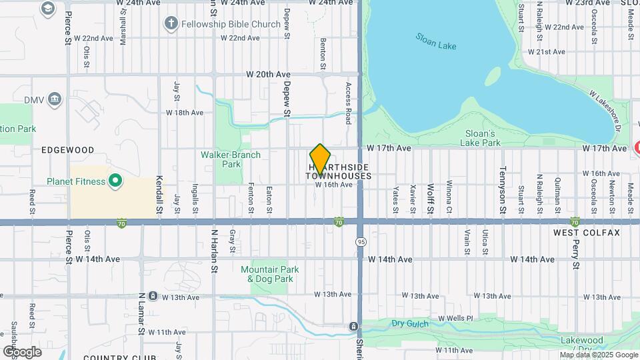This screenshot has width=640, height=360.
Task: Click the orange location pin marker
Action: pyautogui.click(x=320, y=159)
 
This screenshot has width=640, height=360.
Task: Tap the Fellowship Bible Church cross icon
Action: pyautogui.click(x=171, y=25)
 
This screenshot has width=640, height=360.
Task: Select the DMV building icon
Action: pyautogui.click(x=55, y=100)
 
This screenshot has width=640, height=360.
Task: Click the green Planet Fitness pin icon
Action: pyautogui.click(x=115, y=181)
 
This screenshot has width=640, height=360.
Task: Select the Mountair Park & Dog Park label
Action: pyautogui.click(x=267, y=274)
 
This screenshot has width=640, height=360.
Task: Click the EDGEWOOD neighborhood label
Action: pyautogui.click(x=67, y=150)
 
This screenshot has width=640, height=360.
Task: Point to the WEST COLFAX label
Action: pyautogui.click(x=587, y=233)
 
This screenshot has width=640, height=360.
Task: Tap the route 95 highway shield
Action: pyautogui.click(x=361, y=241)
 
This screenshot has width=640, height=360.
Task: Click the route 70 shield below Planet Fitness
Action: pyautogui.click(x=121, y=221)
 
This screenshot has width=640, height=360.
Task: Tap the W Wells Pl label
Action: pyautogui.click(x=455, y=319)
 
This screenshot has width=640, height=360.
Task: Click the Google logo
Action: pyautogui.click(x=22, y=351)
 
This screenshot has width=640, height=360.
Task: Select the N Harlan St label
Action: pyautogui.click(x=214, y=251)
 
